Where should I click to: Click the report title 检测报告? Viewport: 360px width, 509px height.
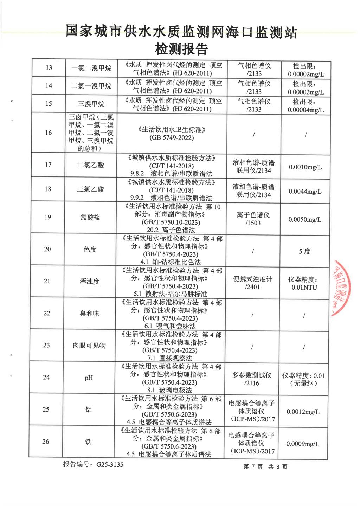(x=181, y=49)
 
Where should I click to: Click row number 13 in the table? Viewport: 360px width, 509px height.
(x=49, y=68)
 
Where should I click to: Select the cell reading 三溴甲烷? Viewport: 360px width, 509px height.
(x=91, y=104)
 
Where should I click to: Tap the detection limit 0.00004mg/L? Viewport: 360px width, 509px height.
(x=306, y=110)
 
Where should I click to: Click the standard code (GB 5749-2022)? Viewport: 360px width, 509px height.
(x=172, y=138)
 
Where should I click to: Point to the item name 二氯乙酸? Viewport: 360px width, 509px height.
(x=91, y=165)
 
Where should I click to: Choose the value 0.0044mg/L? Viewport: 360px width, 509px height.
(x=305, y=192)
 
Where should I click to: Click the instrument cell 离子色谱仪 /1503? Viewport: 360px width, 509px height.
(x=253, y=219)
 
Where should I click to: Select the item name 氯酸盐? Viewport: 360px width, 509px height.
(x=90, y=218)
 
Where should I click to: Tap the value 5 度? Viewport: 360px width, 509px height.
(x=304, y=252)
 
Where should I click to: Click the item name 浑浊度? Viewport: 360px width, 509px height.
(x=90, y=281)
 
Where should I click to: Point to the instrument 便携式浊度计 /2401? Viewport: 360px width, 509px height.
(x=253, y=283)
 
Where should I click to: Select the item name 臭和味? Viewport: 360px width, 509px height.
(x=89, y=313)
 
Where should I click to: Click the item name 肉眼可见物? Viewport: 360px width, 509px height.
(x=89, y=346)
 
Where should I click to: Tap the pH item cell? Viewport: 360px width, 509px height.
(x=89, y=378)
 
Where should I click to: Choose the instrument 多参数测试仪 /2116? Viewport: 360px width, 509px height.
(x=252, y=379)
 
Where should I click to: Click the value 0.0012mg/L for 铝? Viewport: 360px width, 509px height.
(x=303, y=412)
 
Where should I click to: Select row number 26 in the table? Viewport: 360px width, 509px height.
(x=46, y=442)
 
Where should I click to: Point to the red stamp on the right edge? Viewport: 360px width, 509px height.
(x=342, y=288)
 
